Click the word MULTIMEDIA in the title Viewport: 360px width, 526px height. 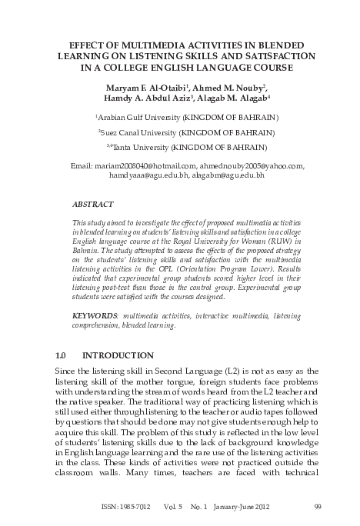(x=151, y=44)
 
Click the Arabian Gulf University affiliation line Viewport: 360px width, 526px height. (x=187, y=118)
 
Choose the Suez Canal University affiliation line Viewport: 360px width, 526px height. (x=187, y=131)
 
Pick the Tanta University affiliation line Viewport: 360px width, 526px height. (x=187, y=145)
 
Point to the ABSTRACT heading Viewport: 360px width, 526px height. (x=92, y=205)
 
